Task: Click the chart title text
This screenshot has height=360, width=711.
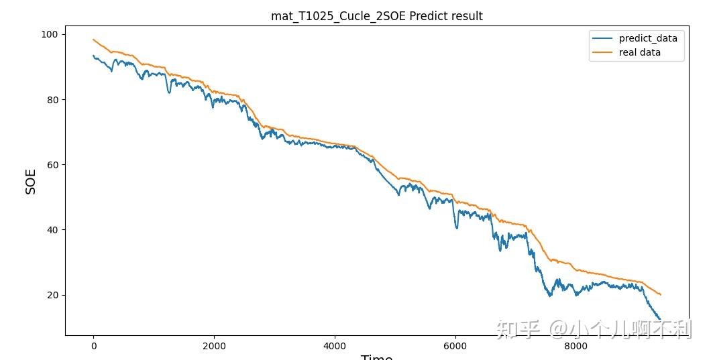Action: click(x=376, y=16)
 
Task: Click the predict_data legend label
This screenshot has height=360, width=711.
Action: click(x=648, y=38)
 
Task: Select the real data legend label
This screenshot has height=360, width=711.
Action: click(x=639, y=52)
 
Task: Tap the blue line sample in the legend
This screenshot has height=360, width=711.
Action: click(x=602, y=38)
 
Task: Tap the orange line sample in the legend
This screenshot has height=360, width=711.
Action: click(x=602, y=52)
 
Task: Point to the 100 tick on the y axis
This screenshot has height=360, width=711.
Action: click(x=50, y=34)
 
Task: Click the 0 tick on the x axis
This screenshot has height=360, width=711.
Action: click(x=93, y=346)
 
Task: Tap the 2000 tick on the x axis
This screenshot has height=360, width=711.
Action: click(x=214, y=346)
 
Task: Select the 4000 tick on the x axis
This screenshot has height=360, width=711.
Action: click(x=335, y=346)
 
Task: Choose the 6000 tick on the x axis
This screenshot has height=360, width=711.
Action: click(x=455, y=346)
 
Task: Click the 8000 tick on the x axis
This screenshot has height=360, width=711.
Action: click(x=576, y=346)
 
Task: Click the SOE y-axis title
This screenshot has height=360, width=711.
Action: click(x=31, y=182)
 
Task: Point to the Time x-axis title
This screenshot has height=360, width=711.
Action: click(x=376, y=356)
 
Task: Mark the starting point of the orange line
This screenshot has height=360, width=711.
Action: click(x=93, y=40)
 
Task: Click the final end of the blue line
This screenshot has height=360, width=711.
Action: click(x=660, y=319)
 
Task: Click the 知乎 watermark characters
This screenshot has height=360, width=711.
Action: click(x=518, y=328)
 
